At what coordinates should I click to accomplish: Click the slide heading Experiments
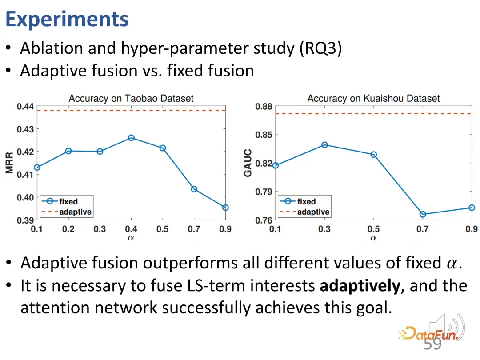pos(67,20)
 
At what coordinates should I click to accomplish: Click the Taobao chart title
pos(131,98)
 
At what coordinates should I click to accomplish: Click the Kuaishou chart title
pos(373,98)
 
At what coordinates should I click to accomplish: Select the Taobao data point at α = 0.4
pos(131,138)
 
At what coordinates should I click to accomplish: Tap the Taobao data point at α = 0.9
pos(225,208)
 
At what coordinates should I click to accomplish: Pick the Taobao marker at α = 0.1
pos(37,168)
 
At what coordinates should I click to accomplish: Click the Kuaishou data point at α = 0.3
pos(324,145)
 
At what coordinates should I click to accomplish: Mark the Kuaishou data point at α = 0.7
pos(423,214)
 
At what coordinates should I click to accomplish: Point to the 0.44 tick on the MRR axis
pos(25,107)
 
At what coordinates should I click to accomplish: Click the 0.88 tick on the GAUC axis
pos(264,107)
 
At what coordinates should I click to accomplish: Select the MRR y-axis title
pos(9,163)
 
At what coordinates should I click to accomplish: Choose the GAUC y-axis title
pos(248,163)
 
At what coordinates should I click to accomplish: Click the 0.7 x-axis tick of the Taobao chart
pos(194,229)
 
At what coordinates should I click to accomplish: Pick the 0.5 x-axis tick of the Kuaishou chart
pos(373,229)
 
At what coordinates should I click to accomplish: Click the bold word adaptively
pos(360,286)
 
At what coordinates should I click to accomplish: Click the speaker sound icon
pos(447,327)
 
